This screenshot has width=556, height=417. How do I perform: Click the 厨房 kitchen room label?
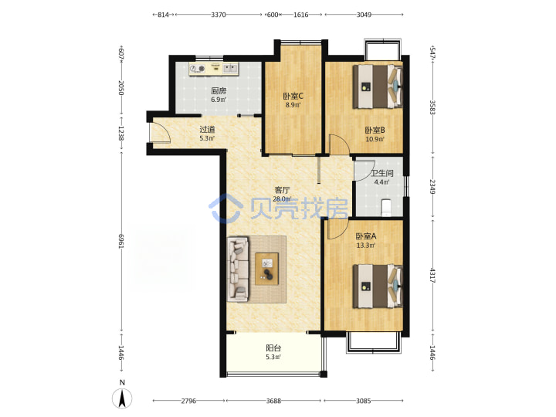(x=219, y=91)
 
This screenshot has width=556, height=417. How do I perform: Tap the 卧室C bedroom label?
(x=293, y=96)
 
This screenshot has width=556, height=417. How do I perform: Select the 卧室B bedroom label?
(x=375, y=131)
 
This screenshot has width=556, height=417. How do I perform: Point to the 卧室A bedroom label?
(x=366, y=236)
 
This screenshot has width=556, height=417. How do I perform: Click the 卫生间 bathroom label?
(x=382, y=174)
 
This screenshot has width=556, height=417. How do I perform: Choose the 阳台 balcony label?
(x=273, y=348)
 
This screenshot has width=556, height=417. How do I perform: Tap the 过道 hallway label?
(x=207, y=130)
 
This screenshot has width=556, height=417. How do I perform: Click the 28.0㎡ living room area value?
(x=283, y=199)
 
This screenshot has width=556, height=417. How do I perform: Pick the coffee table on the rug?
(x=266, y=269)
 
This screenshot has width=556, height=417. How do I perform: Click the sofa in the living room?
(x=238, y=270)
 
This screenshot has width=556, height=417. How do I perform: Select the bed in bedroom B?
(x=378, y=86)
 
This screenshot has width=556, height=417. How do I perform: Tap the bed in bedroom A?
(x=378, y=286)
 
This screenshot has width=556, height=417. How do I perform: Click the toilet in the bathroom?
(x=385, y=208)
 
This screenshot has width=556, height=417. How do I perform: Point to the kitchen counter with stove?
(x=214, y=69)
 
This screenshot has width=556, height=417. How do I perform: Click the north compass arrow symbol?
(x=122, y=398)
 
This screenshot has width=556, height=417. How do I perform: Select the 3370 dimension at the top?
(x=219, y=15)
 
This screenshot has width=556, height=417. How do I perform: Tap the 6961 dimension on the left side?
(x=121, y=241)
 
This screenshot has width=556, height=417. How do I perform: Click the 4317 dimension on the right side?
(x=432, y=275)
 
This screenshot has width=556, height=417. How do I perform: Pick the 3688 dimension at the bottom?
(x=273, y=401)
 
